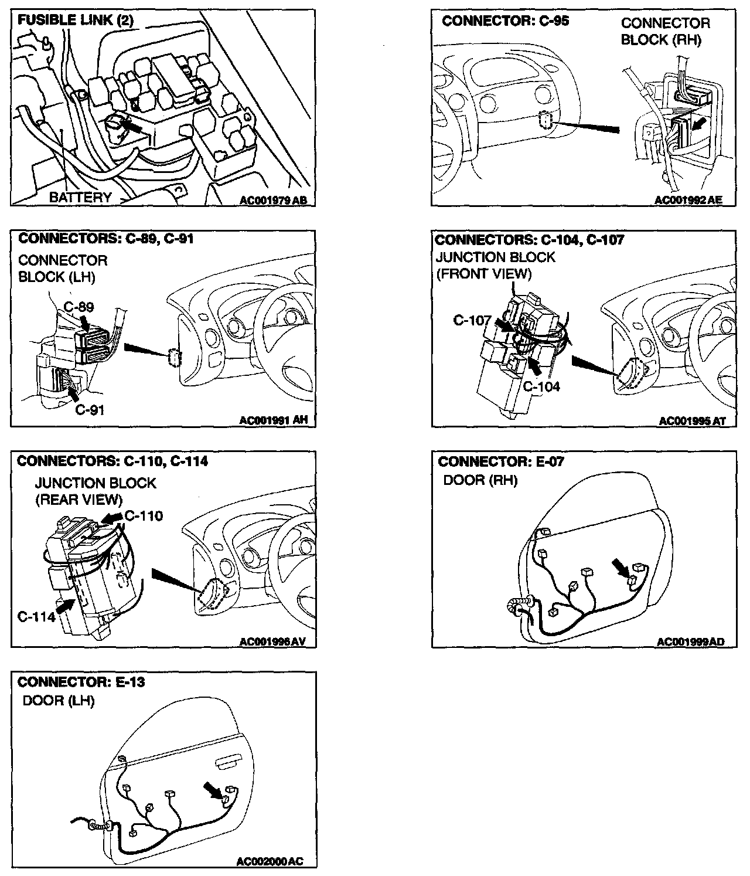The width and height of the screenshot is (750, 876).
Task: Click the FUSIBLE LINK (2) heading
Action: click(76, 21)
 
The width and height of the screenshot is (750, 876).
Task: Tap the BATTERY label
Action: click(80, 197)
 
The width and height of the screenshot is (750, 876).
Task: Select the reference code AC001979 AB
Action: click(273, 201)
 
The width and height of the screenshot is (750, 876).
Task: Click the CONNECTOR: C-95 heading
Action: click(506, 21)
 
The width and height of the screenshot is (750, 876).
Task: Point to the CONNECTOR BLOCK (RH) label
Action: click(665, 32)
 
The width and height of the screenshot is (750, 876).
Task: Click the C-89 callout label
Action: click(79, 307)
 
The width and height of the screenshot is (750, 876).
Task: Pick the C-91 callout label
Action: click(90, 409)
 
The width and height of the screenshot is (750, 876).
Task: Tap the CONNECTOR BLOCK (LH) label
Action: click(63, 269)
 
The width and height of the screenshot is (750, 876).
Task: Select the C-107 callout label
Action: click(472, 321)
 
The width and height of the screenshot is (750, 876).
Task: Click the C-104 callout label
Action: click(541, 386)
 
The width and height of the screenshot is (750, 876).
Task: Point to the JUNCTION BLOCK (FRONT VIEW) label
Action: click(496, 266)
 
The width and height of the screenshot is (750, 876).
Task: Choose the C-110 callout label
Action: click(144, 516)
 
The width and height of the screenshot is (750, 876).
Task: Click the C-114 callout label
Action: click(36, 616)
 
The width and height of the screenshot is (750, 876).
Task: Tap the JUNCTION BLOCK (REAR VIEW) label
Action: click(95, 491)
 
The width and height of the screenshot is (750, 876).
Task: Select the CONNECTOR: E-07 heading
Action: click(501, 461)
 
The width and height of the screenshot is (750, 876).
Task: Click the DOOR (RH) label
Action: click(480, 480)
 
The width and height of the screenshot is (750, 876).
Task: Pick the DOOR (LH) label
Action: click(58, 701)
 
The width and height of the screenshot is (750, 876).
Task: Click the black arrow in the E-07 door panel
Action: click(619, 566)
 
